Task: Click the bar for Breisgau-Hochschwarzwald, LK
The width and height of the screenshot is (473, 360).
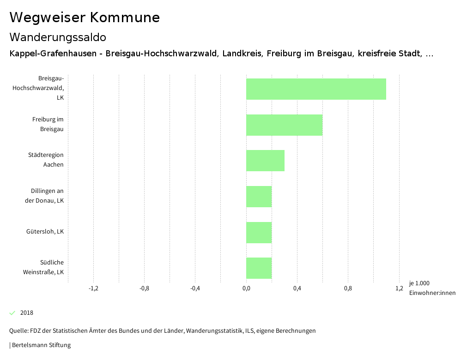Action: click(x=316, y=89)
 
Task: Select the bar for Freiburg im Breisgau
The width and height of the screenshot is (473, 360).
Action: click(x=284, y=125)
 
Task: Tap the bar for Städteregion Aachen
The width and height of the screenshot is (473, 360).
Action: click(x=265, y=161)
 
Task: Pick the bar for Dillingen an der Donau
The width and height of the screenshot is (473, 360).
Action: click(x=259, y=197)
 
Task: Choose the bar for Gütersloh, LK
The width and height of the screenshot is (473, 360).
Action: click(x=259, y=232)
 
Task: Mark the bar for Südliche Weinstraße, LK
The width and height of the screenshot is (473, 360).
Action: click(x=259, y=268)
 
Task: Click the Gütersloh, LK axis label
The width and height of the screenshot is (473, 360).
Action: click(x=45, y=232)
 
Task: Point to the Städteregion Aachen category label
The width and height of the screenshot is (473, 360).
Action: click(x=46, y=160)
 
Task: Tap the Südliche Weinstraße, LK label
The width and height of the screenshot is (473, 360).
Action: click(x=43, y=267)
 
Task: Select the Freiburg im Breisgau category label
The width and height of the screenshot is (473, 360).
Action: click(x=48, y=124)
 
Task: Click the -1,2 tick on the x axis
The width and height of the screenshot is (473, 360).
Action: click(x=93, y=288)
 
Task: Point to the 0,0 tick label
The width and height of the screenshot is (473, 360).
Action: click(x=246, y=288)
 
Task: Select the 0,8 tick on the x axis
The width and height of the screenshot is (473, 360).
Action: click(x=348, y=288)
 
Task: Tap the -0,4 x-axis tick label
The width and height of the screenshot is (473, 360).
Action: click(x=195, y=288)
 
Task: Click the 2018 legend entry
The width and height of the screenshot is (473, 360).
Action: click(x=27, y=313)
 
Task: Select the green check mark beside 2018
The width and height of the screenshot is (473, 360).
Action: click(x=12, y=313)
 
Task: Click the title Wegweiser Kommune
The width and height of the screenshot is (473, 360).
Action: click(x=85, y=18)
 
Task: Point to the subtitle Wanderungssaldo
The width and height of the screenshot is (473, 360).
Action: click(x=58, y=37)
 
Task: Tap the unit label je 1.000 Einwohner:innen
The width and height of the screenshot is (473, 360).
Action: click(x=432, y=288)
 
